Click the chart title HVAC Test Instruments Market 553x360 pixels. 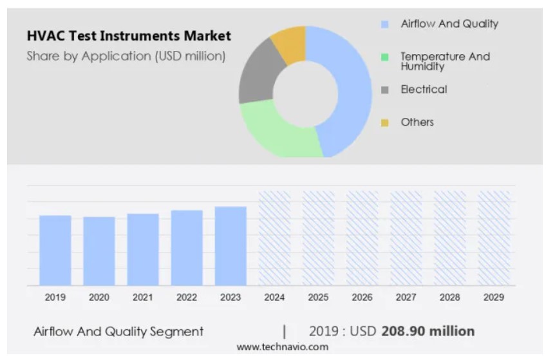coord(129,35)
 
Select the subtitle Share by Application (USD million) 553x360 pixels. coord(126,56)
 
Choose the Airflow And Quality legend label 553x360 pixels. coord(449,24)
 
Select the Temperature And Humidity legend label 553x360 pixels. coord(445,61)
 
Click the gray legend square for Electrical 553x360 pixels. coord(385,90)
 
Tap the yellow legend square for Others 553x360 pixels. coord(385,122)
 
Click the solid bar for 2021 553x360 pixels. coord(143,249)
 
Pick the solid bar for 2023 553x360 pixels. coord(230,246)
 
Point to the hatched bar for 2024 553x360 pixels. coord(274,238)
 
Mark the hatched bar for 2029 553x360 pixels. coord(493,238)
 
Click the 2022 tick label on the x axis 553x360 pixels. coord(187,298)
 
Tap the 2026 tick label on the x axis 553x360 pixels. coord(362,298)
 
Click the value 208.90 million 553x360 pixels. coord(428,331)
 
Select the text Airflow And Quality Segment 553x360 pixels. coord(118,332)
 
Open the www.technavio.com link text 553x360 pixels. coord(282,347)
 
